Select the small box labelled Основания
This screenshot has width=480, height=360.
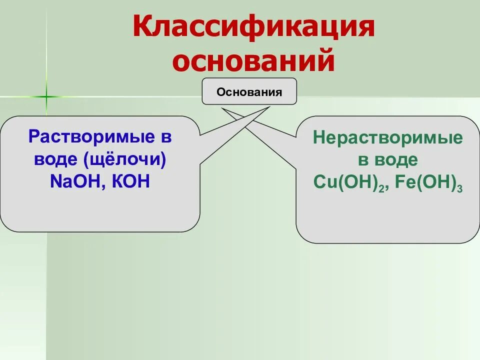pos(249,91)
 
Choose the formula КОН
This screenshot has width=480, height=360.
pos(131,181)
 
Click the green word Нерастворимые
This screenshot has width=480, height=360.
pos(388,138)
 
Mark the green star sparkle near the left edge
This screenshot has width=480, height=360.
pos(46,96)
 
